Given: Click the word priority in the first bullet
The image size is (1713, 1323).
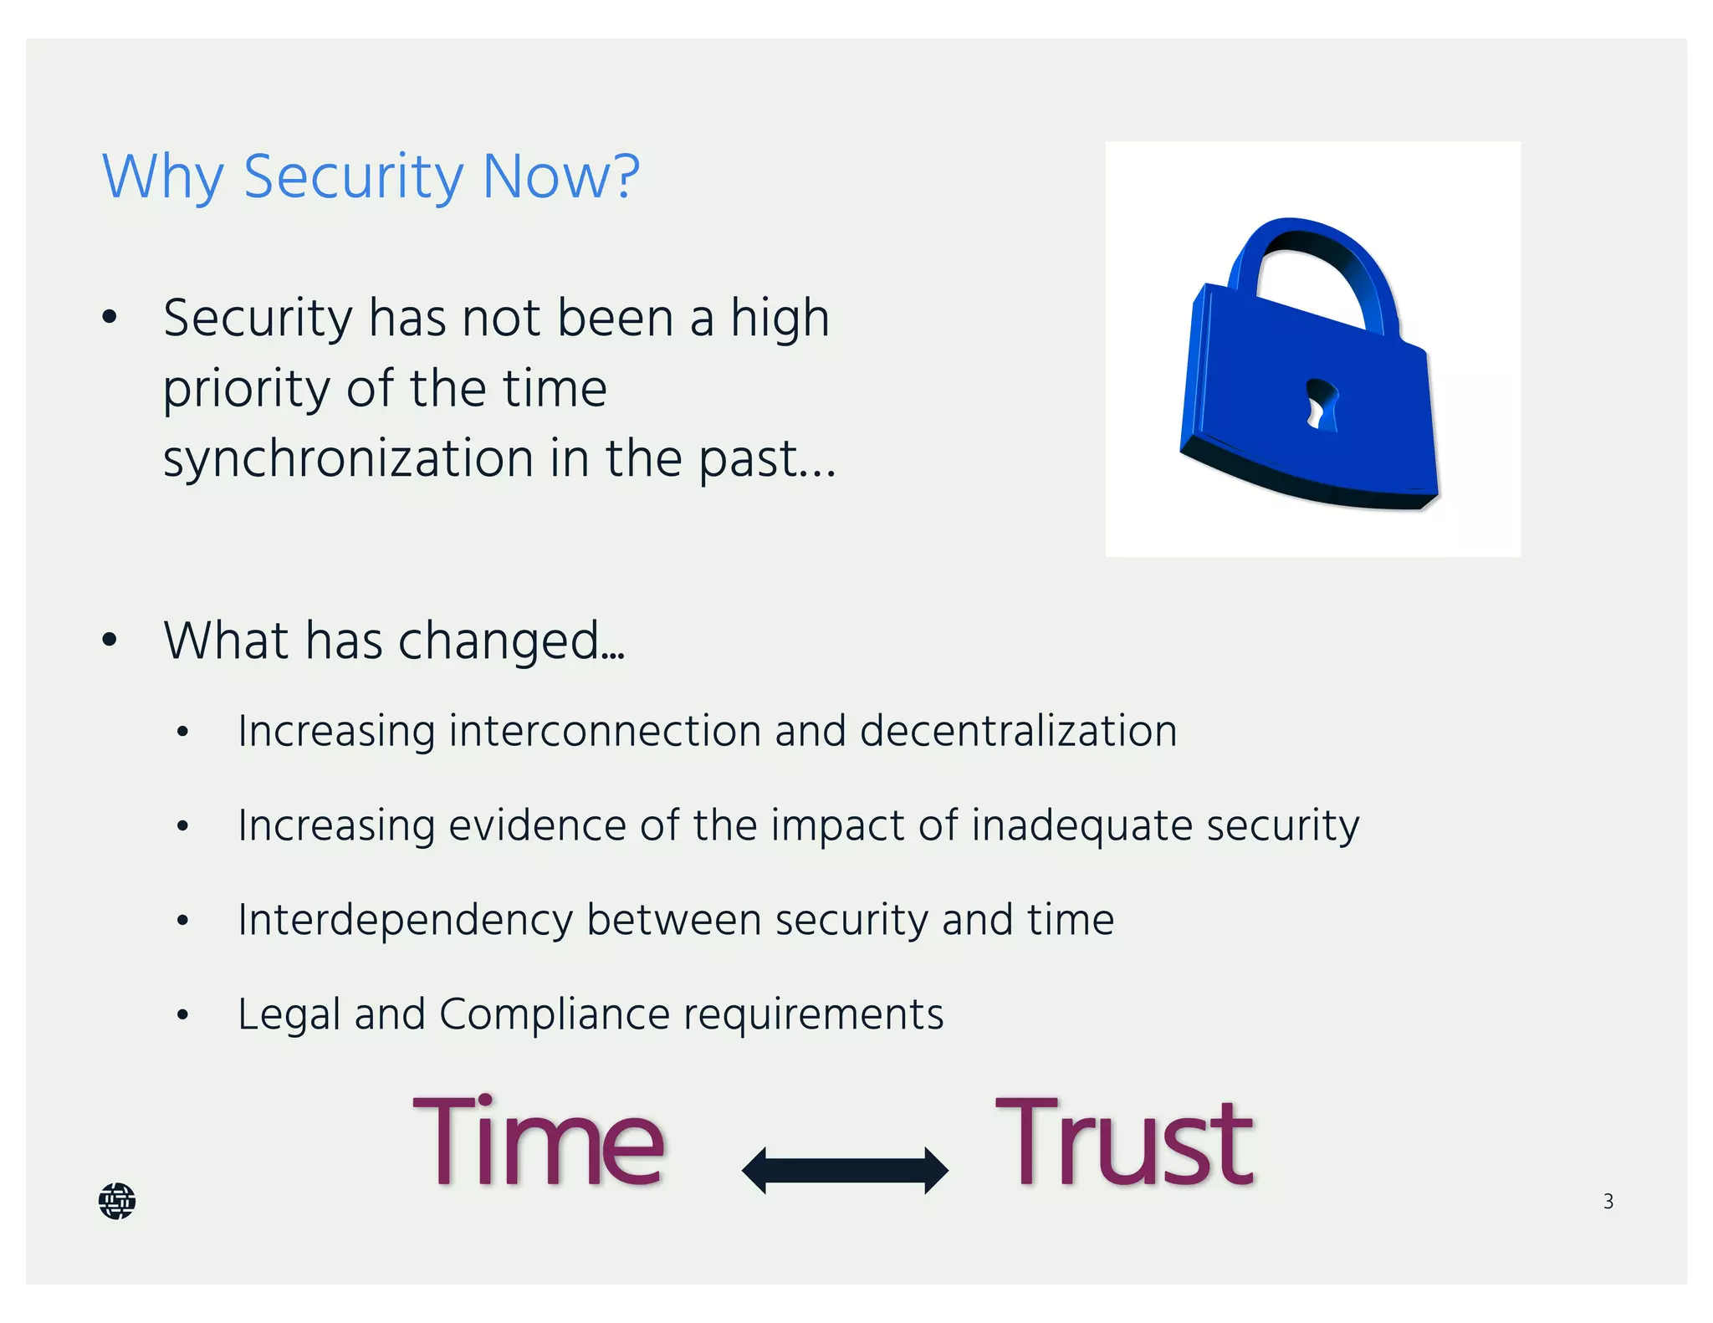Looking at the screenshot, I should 248,390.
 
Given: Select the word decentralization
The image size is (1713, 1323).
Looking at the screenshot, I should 1018,731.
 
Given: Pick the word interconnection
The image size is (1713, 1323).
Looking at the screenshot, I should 604,731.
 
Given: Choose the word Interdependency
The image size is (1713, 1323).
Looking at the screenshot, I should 406,921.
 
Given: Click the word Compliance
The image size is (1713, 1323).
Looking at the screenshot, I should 554,1014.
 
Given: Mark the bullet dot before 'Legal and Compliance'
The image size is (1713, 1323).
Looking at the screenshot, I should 183,1015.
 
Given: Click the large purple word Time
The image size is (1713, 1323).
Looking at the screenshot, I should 539,1142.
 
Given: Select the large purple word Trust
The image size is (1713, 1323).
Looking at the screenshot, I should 1124,1142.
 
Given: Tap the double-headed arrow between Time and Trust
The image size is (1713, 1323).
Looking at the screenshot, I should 845,1170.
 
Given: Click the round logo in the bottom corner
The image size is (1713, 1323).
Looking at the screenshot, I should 117,1201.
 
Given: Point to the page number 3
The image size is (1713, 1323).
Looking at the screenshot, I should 1608,1202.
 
